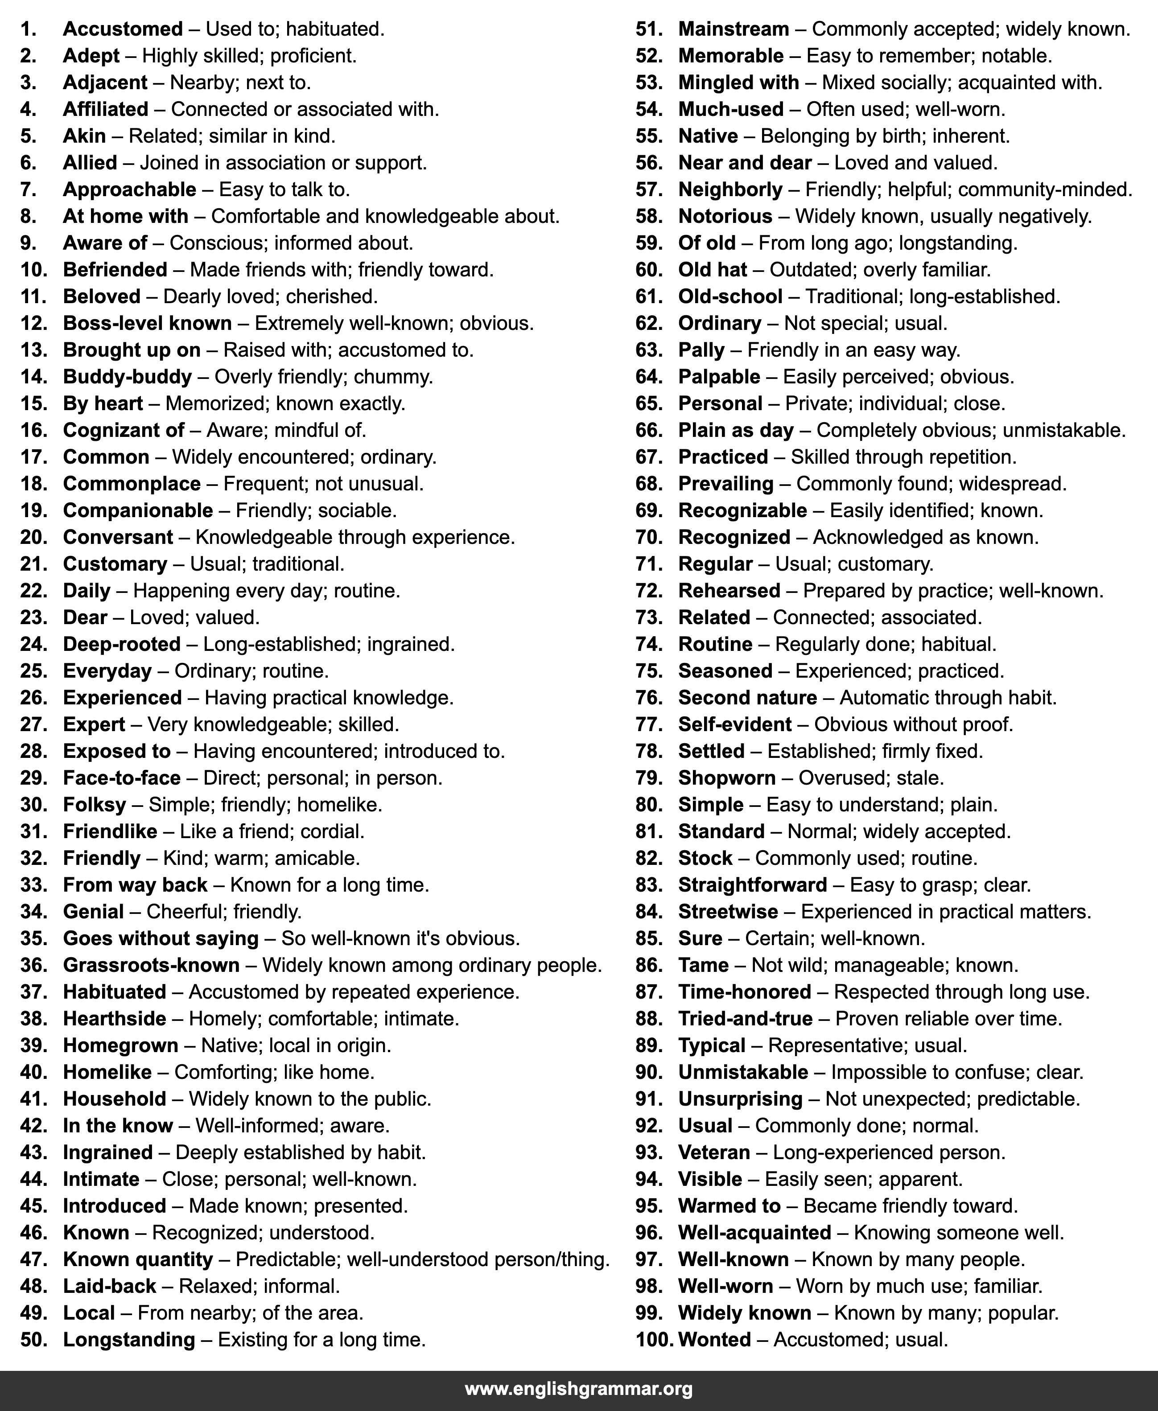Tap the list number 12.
click(33, 323)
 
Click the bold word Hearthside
click(114, 1019)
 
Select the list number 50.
click(33, 1340)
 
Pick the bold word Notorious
click(725, 217)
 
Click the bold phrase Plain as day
click(736, 431)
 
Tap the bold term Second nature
click(747, 698)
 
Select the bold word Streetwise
click(728, 912)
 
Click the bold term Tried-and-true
click(745, 1019)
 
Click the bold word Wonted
click(714, 1340)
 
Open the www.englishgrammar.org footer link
click(578, 1390)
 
